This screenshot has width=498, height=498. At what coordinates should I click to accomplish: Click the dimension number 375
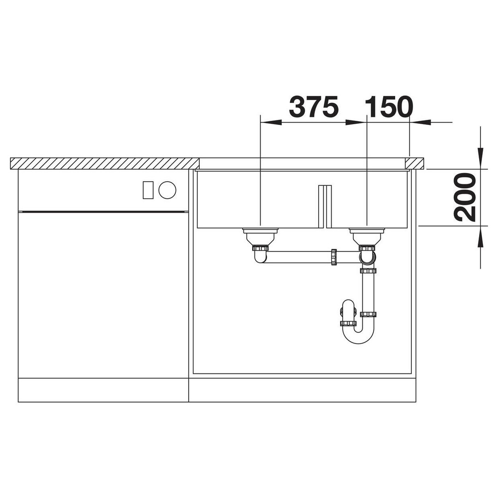(x=314, y=107)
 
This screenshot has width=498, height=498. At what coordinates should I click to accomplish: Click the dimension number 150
(x=389, y=107)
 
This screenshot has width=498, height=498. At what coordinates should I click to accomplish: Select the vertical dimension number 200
(x=465, y=197)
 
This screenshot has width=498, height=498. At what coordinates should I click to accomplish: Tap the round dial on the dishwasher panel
(x=167, y=190)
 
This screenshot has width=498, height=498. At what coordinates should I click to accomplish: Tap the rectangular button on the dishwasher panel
(x=148, y=190)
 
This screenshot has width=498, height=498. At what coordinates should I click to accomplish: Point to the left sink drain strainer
(x=260, y=236)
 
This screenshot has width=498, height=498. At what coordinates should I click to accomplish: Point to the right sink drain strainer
(x=367, y=236)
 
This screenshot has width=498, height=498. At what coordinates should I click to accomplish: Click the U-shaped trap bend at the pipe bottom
(x=358, y=335)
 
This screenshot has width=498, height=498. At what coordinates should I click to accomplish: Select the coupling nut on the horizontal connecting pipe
(x=333, y=257)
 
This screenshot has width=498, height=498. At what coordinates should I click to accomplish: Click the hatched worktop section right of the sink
(x=415, y=163)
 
